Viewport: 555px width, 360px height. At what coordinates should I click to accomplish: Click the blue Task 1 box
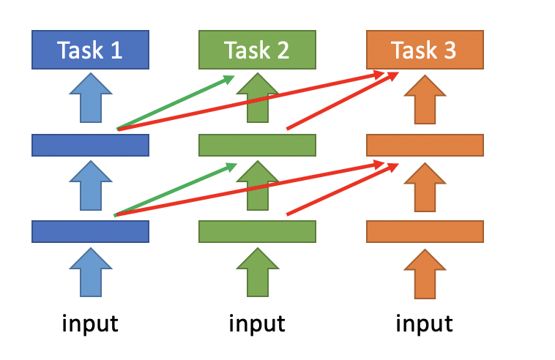click(90, 50)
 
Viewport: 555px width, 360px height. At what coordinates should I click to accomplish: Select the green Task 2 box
click(257, 50)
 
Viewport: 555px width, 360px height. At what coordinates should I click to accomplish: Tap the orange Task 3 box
click(425, 50)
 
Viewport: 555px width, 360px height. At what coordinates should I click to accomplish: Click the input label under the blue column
click(90, 323)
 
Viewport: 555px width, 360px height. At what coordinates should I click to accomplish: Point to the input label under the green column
click(257, 323)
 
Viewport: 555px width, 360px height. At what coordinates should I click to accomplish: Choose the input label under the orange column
click(424, 323)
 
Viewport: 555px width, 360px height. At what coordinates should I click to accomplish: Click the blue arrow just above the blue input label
click(91, 272)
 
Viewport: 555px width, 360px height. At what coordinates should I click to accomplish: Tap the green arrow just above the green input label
click(258, 272)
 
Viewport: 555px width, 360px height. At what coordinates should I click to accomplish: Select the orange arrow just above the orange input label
click(425, 274)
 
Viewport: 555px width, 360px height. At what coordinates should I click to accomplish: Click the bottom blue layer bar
click(90, 232)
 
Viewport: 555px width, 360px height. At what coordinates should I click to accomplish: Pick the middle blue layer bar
click(90, 145)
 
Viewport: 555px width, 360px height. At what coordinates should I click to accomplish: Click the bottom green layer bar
click(257, 232)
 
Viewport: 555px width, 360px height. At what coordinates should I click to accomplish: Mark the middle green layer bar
click(257, 145)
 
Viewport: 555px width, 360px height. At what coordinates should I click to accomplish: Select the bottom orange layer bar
click(425, 232)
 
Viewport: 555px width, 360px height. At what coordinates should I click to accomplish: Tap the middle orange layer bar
click(425, 145)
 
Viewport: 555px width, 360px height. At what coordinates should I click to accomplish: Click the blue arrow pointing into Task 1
click(91, 98)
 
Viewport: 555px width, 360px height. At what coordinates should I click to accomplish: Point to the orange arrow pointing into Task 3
click(425, 100)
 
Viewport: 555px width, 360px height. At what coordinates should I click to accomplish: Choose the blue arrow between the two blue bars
click(91, 186)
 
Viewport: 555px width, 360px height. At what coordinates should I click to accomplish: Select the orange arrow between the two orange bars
click(425, 187)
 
